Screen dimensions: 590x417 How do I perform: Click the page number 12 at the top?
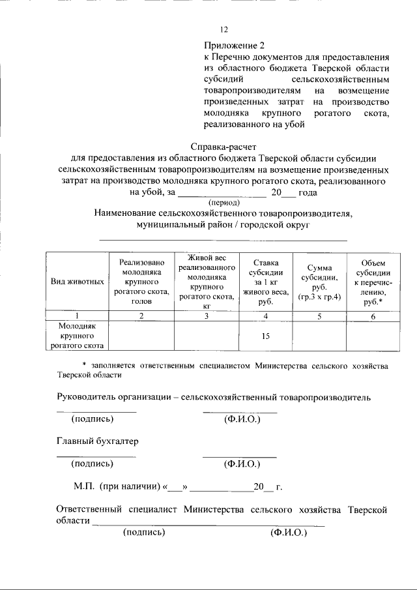[x=224, y=29]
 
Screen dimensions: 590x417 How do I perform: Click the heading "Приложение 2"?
[x=235, y=46]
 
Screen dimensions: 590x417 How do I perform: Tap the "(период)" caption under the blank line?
[x=222, y=202]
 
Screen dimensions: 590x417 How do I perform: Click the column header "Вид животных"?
[x=78, y=282]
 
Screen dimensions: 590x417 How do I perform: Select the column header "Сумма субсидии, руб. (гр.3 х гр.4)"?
[x=319, y=282]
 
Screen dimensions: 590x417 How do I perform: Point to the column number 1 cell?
[x=78, y=316]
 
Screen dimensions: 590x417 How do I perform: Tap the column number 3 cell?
[x=206, y=316]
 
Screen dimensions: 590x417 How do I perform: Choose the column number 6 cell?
[x=373, y=316]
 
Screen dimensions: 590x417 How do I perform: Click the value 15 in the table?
[x=265, y=336]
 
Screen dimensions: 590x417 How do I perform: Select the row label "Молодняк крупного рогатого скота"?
[x=78, y=336]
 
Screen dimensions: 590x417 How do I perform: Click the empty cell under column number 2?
[x=141, y=336]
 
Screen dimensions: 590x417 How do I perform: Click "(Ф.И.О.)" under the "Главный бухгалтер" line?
[x=242, y=464]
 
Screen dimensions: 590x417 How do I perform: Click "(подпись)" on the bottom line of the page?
[x=144, y=532]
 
